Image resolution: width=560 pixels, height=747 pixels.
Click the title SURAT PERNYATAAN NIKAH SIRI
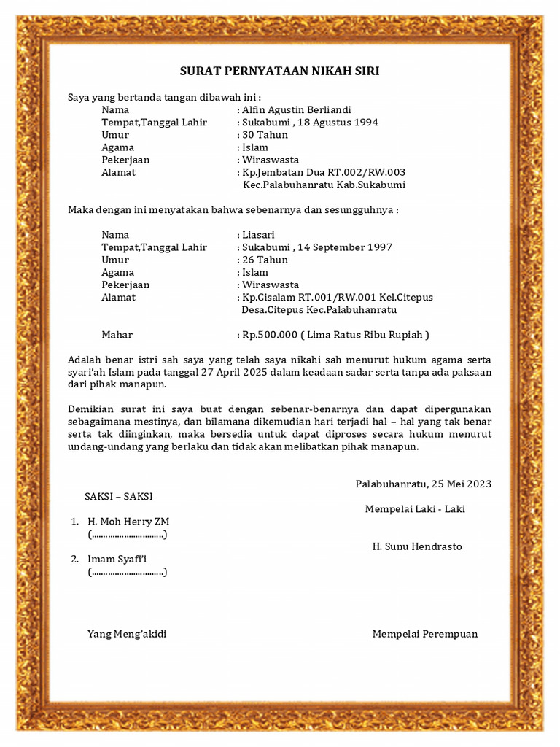(x=280, y=71)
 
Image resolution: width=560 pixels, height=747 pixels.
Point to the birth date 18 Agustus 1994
(x=339, y=123)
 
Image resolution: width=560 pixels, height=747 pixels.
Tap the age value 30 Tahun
(x=265, y=135)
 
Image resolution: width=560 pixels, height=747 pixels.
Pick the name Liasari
(x=259, y=235)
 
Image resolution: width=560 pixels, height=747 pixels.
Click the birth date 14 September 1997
(x=346, y=247)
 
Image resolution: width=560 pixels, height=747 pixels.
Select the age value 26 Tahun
(x=265, y=260)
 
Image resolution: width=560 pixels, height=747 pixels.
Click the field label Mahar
(x=117, y=335)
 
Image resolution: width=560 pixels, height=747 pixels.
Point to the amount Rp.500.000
(x=269, y=335)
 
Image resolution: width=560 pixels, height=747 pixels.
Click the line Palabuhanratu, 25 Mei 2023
(x=423, y=484)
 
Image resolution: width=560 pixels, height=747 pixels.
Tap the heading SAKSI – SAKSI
(x=119, y=496)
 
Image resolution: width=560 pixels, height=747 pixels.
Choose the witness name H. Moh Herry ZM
(x=128, y=522)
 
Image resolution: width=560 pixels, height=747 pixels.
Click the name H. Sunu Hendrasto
(x=417, y=546)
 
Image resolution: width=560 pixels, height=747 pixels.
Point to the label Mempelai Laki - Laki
(x=415, y=509)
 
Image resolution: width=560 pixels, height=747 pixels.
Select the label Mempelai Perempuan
(x=425, y=634)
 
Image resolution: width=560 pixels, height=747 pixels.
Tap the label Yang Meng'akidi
(x=127, y=634)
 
